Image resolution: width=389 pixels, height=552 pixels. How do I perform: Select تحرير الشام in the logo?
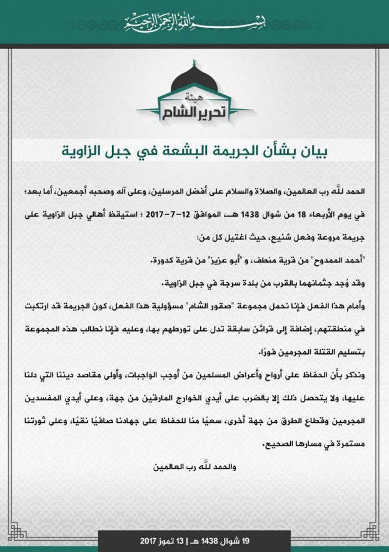(194, 113)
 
